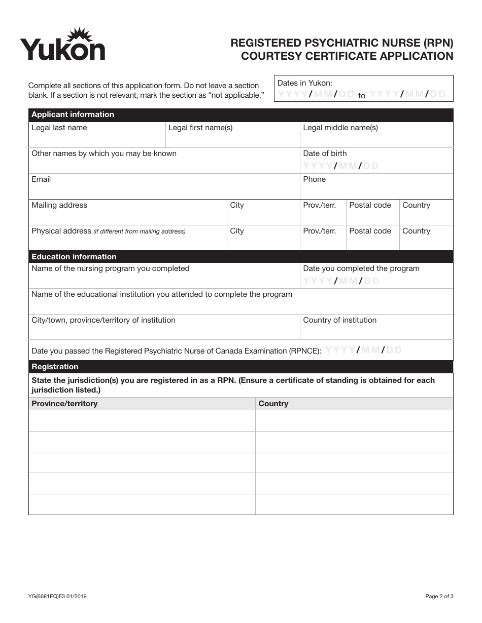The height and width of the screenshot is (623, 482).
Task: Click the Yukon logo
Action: [62, 45]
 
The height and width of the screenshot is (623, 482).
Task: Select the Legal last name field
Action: [97, 135]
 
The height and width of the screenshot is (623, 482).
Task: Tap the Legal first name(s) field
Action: [233, 135]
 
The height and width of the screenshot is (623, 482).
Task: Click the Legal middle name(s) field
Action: [376, 135]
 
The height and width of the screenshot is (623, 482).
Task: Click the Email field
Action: [164, 187]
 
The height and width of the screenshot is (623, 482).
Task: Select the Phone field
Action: [376, 187]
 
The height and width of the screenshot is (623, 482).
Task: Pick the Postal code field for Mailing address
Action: [372, 213]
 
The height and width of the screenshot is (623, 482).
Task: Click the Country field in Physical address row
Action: [426, 239]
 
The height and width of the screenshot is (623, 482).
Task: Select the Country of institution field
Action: [376, 327]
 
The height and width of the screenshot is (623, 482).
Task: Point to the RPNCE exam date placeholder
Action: [363, 350]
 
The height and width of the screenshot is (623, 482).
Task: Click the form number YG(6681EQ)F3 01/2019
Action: [58, 597]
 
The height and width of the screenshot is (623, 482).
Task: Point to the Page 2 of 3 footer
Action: [439, 597]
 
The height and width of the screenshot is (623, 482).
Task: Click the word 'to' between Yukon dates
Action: [362, 96]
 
